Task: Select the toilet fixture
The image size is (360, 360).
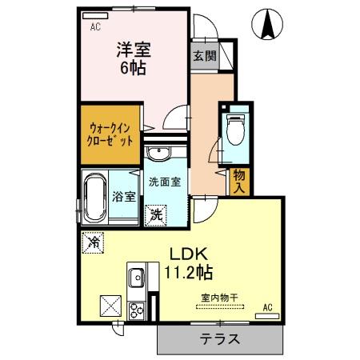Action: [x=235, y=129]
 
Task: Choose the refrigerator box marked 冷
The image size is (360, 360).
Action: [x=93, y=240]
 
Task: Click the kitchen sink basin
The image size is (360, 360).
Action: [x=136, y=277]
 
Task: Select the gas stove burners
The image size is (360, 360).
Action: [x=136, y=307]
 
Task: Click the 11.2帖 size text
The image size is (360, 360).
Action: [x=189, y=273]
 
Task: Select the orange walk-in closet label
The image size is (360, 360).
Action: [x=111, y=132]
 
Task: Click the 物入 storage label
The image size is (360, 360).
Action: [x=238, y=181]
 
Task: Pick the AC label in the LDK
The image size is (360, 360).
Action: [x=267, y=306]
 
